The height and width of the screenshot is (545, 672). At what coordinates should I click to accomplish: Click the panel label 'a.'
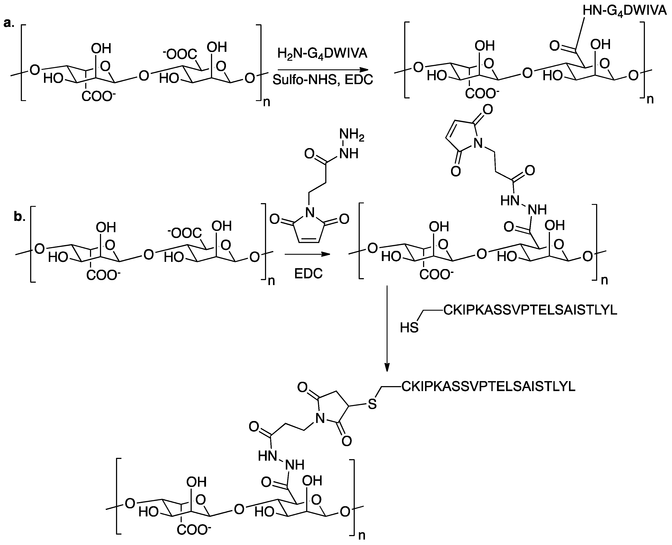[x=9, y=23]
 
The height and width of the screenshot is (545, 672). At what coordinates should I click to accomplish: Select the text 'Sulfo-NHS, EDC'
[x=322, y=80]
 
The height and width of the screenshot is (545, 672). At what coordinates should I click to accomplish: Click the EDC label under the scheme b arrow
[x=308, y=274]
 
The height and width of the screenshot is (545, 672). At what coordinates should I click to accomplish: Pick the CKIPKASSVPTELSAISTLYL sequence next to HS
[x=530, y=310]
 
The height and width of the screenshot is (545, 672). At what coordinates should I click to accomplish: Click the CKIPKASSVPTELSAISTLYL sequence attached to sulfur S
[x=488, y=387]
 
